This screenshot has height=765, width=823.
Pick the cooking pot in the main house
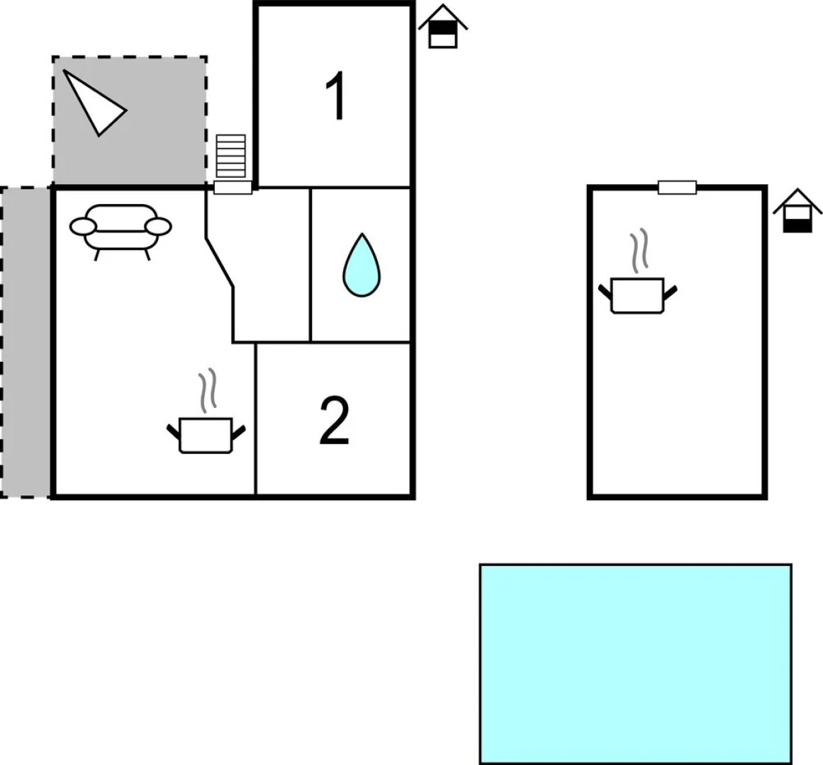pyautogui.click(x=206, y=435)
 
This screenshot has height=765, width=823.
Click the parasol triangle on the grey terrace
pyautogui.click(x=94, y=102)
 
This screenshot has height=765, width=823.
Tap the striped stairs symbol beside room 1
pyautogui.click(x=231, y=156)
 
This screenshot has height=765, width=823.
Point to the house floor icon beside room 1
pyautogui.click(x=443, y=26)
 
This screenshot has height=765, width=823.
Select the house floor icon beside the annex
pyautogui.click(x=797, y=211)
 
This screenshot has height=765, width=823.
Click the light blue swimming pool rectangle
pyautogui.click(x=635, y=663)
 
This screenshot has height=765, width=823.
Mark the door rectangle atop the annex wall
pyautogui.click(x=677, y=188)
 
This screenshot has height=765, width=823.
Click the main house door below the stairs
pyautogui.click(x=233, y=188)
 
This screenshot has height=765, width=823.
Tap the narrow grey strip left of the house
pyautogui.click(x=26, y=342)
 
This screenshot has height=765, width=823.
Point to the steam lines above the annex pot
pyautogui.click(x=639, y=251)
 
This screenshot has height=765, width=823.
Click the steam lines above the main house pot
pyautogui.click(x=207, y=392)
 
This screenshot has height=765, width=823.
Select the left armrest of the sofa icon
pyautogui.click(x=82, y=227)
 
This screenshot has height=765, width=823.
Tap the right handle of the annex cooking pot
pyautogui.click(x=669, y=290)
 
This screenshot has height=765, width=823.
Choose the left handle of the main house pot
pyautogui.click(x=174, y=430)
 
